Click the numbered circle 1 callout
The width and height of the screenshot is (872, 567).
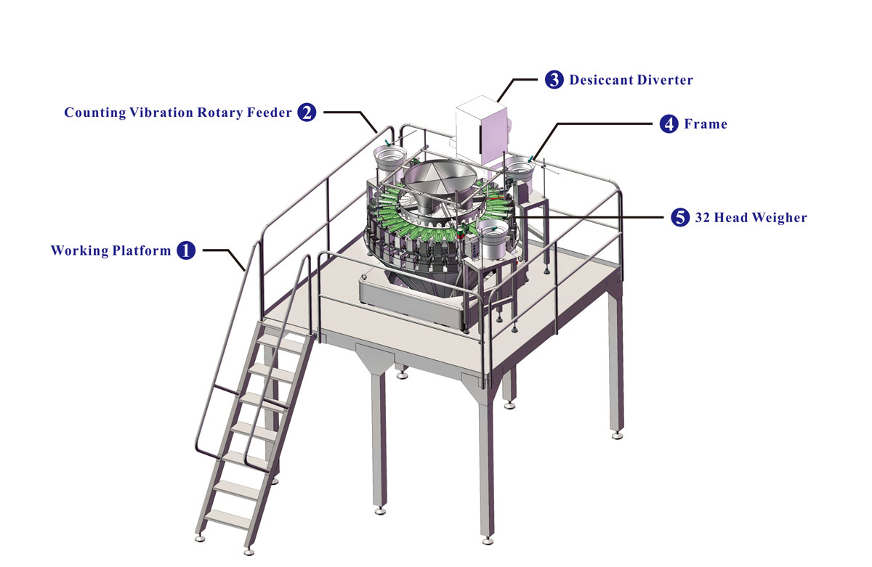[186, 251]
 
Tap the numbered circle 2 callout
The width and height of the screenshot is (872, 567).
[307, 113]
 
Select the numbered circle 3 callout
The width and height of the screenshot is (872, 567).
[554, 80]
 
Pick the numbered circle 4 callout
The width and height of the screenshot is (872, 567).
[669, 124]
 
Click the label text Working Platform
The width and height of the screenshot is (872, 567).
[111, 251]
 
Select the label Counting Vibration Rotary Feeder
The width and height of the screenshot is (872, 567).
[178, 113]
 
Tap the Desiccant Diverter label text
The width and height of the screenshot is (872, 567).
[631, 80]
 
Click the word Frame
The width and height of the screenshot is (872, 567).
[706, 124]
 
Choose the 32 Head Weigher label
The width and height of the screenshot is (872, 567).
[751, 217]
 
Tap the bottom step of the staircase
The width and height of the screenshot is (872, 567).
[227, 518]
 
